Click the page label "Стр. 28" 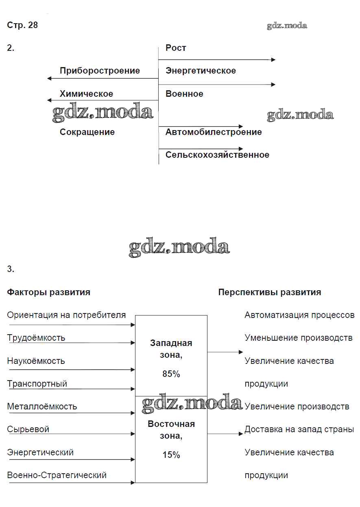pos(22,25)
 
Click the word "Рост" pos(176,48)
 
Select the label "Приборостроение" pos(100,71)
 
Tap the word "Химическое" pos(86,94)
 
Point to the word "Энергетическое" pos(201,71)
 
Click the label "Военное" pos(184,94)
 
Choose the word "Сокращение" pos(87,132)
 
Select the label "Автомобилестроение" pos(214,132)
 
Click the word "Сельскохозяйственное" pos(217,155)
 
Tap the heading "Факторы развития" pos(49,292)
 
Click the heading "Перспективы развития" pos(270,292)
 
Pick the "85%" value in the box pos(171,374)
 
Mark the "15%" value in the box pos(171,455)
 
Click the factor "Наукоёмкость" pos(36,361)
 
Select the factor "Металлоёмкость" pos(42,407)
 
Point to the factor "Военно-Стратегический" pos(57,475)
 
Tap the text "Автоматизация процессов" pos(299,315)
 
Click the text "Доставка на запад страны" pos(299,429)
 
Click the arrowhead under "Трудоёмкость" pos(133,343)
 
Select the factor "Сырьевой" pos(28,429)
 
